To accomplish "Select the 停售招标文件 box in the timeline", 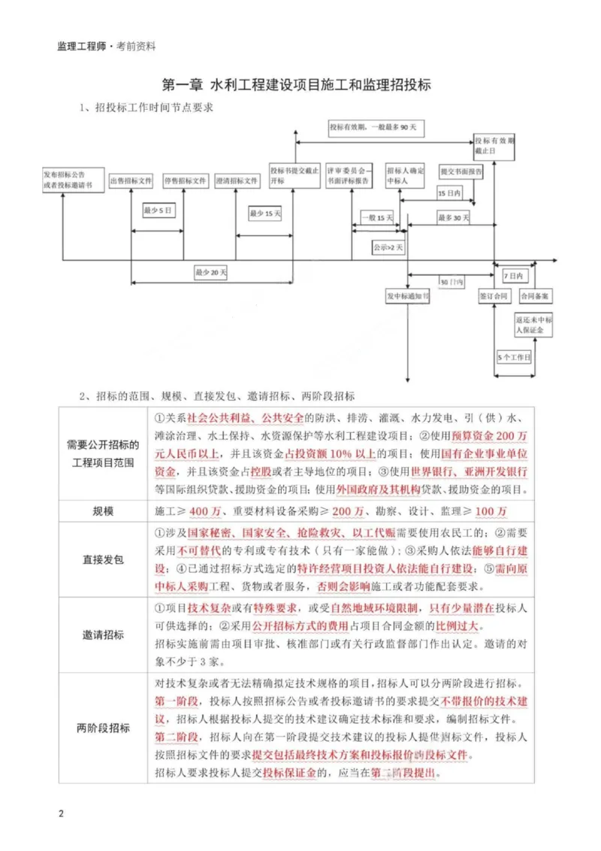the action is [x=184, y=181].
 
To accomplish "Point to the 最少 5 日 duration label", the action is [x=159, y=211].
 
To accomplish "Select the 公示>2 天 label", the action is [x=388, y=246].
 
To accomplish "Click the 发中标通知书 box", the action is [x=408, y=296].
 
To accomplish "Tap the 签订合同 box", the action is [x=494, y=296].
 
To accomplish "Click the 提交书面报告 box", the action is [x=461, y=171].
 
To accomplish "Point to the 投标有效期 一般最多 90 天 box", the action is [x=376, y=129].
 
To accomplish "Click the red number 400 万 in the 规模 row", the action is [x=205, y=511].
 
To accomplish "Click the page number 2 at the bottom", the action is [x=62, y=814].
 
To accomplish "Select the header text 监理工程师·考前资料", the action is [x=106, y=46].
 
